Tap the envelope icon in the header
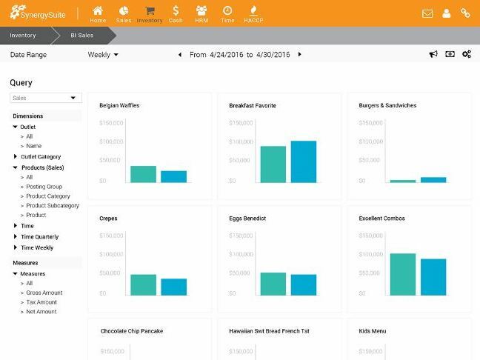[427, 13]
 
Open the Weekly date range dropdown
[103, 55]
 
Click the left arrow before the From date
[180, 55]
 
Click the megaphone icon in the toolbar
[434, 54]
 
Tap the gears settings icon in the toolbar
[467, 54]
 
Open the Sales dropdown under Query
[44, 98]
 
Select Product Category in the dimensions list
[48, 196]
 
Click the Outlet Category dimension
[41, 157]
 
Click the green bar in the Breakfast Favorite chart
[273, 164]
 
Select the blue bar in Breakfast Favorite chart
[304, 161]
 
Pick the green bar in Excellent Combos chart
[402, 274]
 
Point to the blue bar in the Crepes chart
[174, 287]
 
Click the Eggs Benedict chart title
[247, 219]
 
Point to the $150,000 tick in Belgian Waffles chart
[110, 122]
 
